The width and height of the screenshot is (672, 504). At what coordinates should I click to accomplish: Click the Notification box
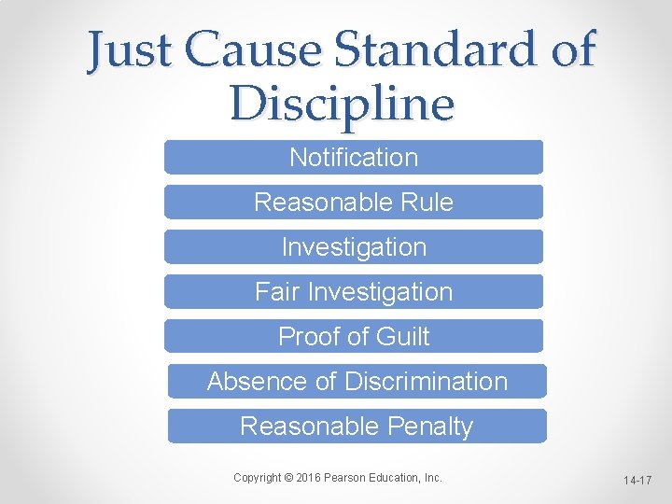click(x=354, y=157)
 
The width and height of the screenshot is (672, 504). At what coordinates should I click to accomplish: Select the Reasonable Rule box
click(x=354, y=202)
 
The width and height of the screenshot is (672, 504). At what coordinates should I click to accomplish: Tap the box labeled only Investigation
click(x=354, y=246)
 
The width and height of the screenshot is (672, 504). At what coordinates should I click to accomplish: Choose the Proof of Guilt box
click(x=354, y=336)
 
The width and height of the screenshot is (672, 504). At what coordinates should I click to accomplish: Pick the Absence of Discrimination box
click(x=357, y=381)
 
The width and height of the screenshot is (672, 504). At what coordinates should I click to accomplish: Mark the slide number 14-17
click(x=638, y=480)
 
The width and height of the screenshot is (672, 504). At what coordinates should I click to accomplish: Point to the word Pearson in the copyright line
click(x=351, y=478)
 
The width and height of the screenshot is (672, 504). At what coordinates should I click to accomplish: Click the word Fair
click(x=277, y=291)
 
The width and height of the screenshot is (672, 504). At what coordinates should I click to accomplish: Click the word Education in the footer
click(x=399, y=478)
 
